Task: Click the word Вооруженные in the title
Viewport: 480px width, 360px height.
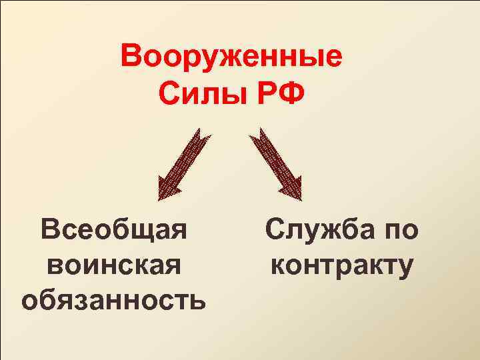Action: (x=231, y=56)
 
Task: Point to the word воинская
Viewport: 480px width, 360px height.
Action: (x=113, y=265)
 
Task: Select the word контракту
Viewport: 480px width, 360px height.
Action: (x=342, y=265)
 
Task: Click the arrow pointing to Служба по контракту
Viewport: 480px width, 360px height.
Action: (x=274, y=163)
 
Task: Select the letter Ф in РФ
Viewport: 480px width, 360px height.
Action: (x=291, y=93)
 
